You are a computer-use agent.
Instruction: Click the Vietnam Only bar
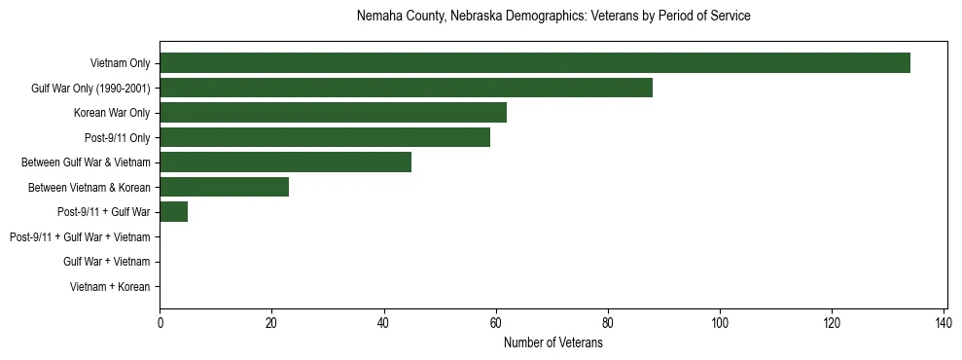coord(535,63)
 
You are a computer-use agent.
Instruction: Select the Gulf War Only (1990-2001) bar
coord(406,88)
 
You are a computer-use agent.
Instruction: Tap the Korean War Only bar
coord(333,113)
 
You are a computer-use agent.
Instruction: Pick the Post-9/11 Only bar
coord(325,137)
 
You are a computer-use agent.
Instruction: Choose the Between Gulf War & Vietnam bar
coord(285,162)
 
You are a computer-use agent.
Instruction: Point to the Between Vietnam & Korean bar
coord(224,187)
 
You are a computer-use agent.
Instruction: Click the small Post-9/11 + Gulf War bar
coord(173,212)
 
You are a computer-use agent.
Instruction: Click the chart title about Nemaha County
coord(553,17)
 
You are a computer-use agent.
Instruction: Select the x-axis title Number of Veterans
coord(553,342)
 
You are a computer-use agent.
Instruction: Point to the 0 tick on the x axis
coord(160,322)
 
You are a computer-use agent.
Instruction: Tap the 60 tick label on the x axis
coord(496,322)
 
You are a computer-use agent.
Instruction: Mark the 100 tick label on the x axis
coord(720,322)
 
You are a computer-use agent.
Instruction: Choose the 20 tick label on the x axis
coord(271,322)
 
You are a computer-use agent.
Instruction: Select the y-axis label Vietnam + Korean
coord(110,287)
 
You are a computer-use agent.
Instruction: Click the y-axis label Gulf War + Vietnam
coord(106,262)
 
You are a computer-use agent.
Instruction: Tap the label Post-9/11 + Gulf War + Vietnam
coord(80,237)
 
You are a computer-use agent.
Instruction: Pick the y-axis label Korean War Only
coord(112,113)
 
